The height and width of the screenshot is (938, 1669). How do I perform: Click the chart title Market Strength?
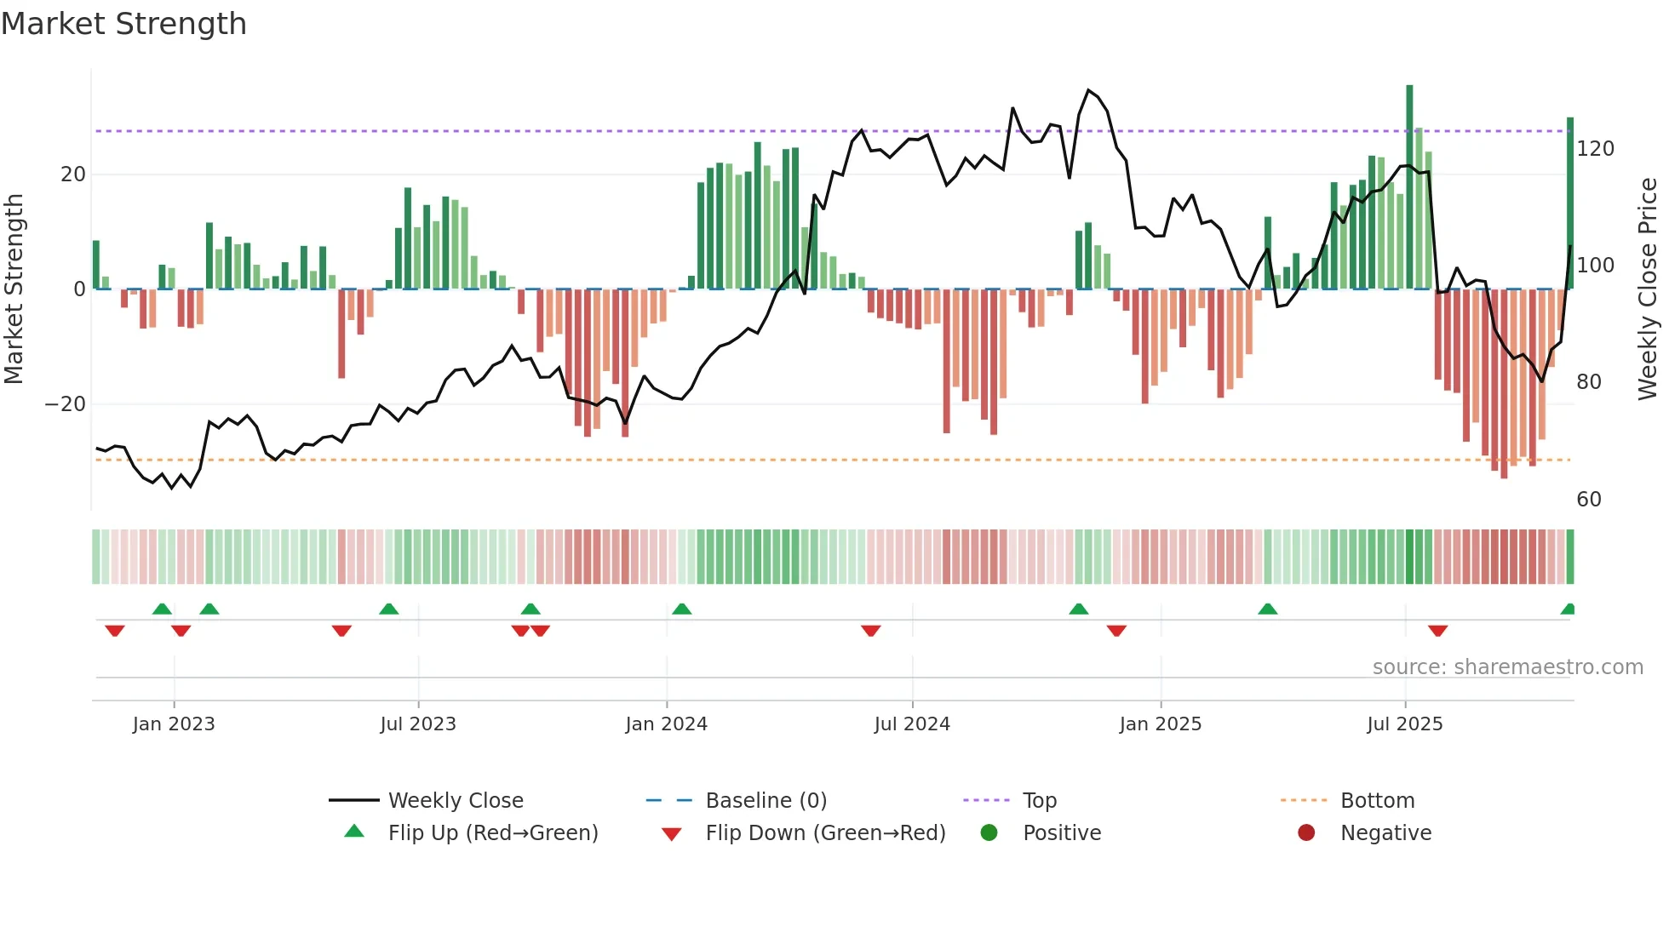coord(123,24)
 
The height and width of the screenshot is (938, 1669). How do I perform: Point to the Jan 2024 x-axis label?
coord(666,724)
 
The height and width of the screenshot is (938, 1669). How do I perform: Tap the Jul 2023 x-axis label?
coord(418,724)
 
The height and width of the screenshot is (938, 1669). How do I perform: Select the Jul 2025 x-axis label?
coord(1405,724)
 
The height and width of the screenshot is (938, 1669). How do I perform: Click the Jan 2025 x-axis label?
coord(1160,724)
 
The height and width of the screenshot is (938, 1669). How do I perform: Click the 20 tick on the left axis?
coord(73,174)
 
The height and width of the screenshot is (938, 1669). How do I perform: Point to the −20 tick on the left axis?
coord(66,404)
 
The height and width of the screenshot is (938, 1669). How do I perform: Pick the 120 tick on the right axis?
coord(1595,149)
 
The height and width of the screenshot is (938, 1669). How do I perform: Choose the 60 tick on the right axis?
coord(1589,500)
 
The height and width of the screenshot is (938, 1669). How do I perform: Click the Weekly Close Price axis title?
coord(1648,289)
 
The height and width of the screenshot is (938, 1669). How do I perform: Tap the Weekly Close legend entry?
coord(456,801)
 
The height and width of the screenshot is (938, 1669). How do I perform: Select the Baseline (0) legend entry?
coord(766,801)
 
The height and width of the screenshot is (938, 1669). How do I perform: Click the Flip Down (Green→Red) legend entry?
coord(825,833)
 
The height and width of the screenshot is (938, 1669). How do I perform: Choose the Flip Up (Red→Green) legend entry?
coord(493,833)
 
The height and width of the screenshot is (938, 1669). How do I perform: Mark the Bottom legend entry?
coord(1377,801)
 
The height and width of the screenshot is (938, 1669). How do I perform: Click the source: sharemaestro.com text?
coord(1507,667)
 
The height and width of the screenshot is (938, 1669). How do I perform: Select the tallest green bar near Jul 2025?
coord(1409,187)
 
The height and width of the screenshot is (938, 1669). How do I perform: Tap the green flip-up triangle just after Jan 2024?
coord(681,609)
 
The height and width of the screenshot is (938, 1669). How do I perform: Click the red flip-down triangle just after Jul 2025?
coord(1437,631)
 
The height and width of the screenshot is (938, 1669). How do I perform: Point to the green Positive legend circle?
coord(989,832)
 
